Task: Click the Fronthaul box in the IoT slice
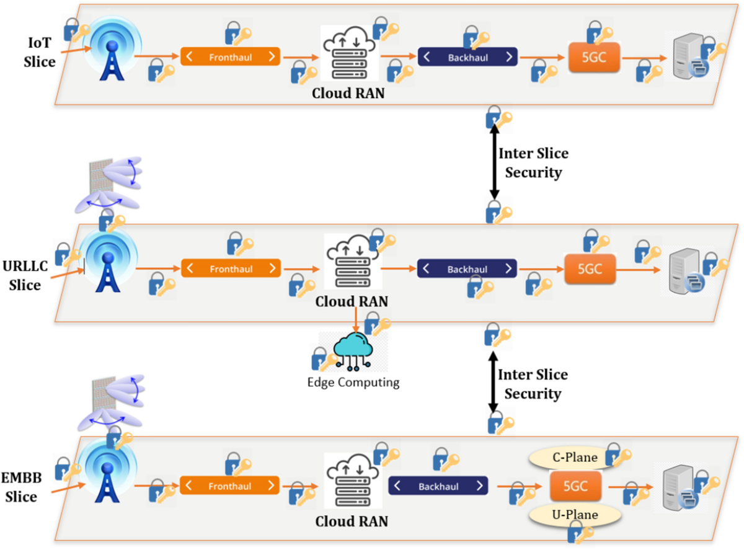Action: (x=230, y=57)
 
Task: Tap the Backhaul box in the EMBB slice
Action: (x=438, y=487)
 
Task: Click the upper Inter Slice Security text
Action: (x=533, y=163)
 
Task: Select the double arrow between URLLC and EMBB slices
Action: (x=494, y=381)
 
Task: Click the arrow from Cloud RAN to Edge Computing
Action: (x=355, y=321)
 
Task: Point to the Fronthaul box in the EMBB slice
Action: (x=230, y=487)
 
